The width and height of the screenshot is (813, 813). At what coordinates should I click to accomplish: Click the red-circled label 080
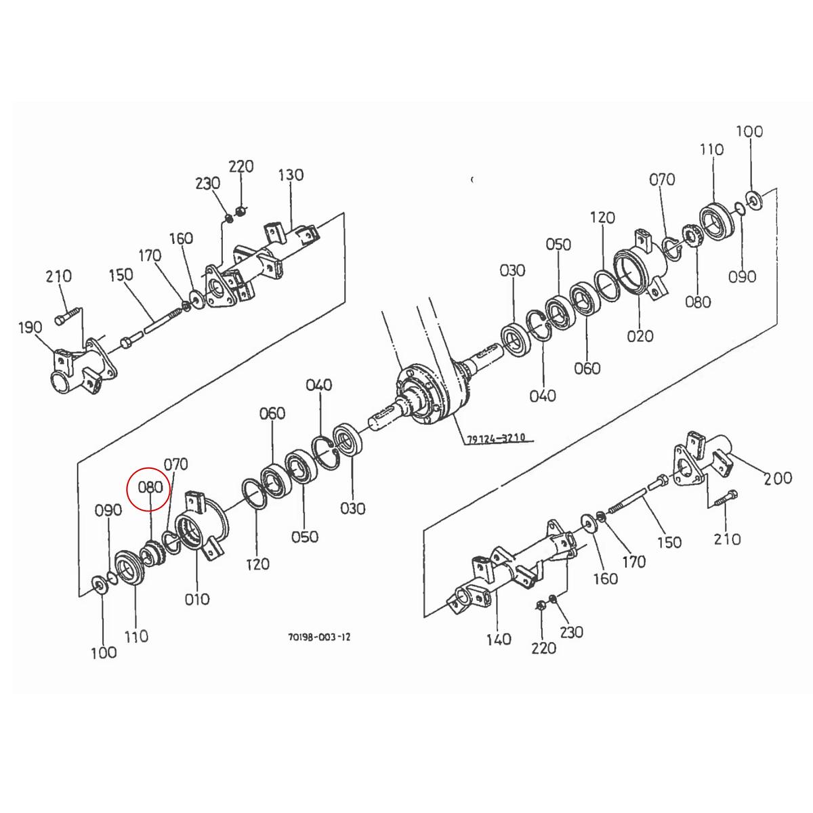[x=150, y=486]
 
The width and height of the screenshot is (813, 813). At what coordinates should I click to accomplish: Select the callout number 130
[x=291, y=175]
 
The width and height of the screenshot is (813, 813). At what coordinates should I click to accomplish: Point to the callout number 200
[x=777, y=478]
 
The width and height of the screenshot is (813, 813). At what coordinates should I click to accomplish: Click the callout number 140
[x=499, y=639]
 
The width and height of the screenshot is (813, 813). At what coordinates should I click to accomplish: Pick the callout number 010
[x=196, y=599]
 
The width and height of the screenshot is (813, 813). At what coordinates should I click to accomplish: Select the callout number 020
[x=640, y=335]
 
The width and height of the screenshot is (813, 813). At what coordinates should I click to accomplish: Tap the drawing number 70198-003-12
[x=318, y=638]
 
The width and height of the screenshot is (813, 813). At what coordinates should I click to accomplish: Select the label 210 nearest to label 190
[x=59, y=276]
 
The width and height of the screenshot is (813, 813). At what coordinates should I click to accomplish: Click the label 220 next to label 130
[x=241, y=166]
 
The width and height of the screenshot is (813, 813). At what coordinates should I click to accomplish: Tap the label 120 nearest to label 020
[x=602, y=217]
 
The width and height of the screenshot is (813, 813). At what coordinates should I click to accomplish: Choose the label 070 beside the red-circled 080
[x=175, y=465]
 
